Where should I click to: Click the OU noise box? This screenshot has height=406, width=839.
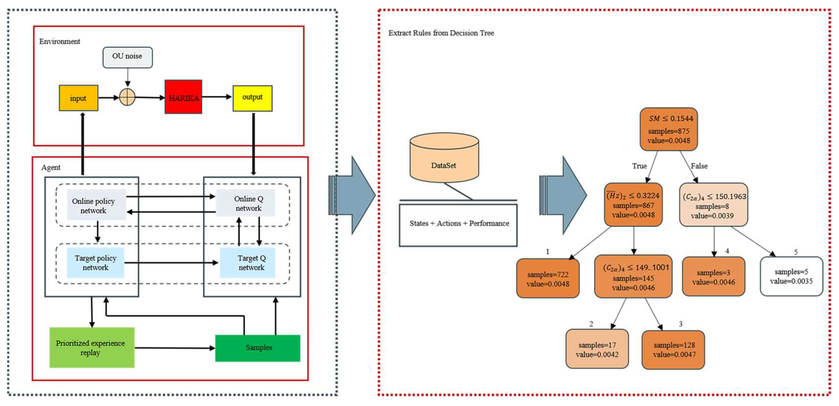[127, 57]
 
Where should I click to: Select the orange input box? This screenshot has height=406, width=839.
[78, 98]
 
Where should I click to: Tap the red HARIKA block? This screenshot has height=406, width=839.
[183, 97]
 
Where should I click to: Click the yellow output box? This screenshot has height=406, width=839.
[252, 98]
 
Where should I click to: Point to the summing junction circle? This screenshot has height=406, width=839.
[127, 97]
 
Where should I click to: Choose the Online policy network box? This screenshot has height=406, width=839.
[96, 205]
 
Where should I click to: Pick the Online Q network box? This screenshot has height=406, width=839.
[246, 203]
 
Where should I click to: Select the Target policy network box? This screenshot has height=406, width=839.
[96, 263]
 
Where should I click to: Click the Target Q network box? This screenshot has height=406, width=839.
[248, 263]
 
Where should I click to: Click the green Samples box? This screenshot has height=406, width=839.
[258, 348]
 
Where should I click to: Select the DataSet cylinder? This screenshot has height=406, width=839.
[444, 157]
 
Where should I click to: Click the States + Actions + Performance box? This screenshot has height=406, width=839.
[458, 225]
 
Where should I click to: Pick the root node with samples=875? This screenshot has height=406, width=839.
[669, 129]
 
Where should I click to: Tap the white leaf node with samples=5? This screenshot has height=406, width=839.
[791, 276]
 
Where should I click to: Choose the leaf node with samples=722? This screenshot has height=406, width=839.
[548, 278]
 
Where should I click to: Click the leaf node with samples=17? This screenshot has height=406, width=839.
[597, 349]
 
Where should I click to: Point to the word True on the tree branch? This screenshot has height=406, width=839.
[639, 166]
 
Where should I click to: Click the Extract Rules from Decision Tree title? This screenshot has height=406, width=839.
[441, 33]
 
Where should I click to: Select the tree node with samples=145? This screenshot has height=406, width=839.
[633, 276]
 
